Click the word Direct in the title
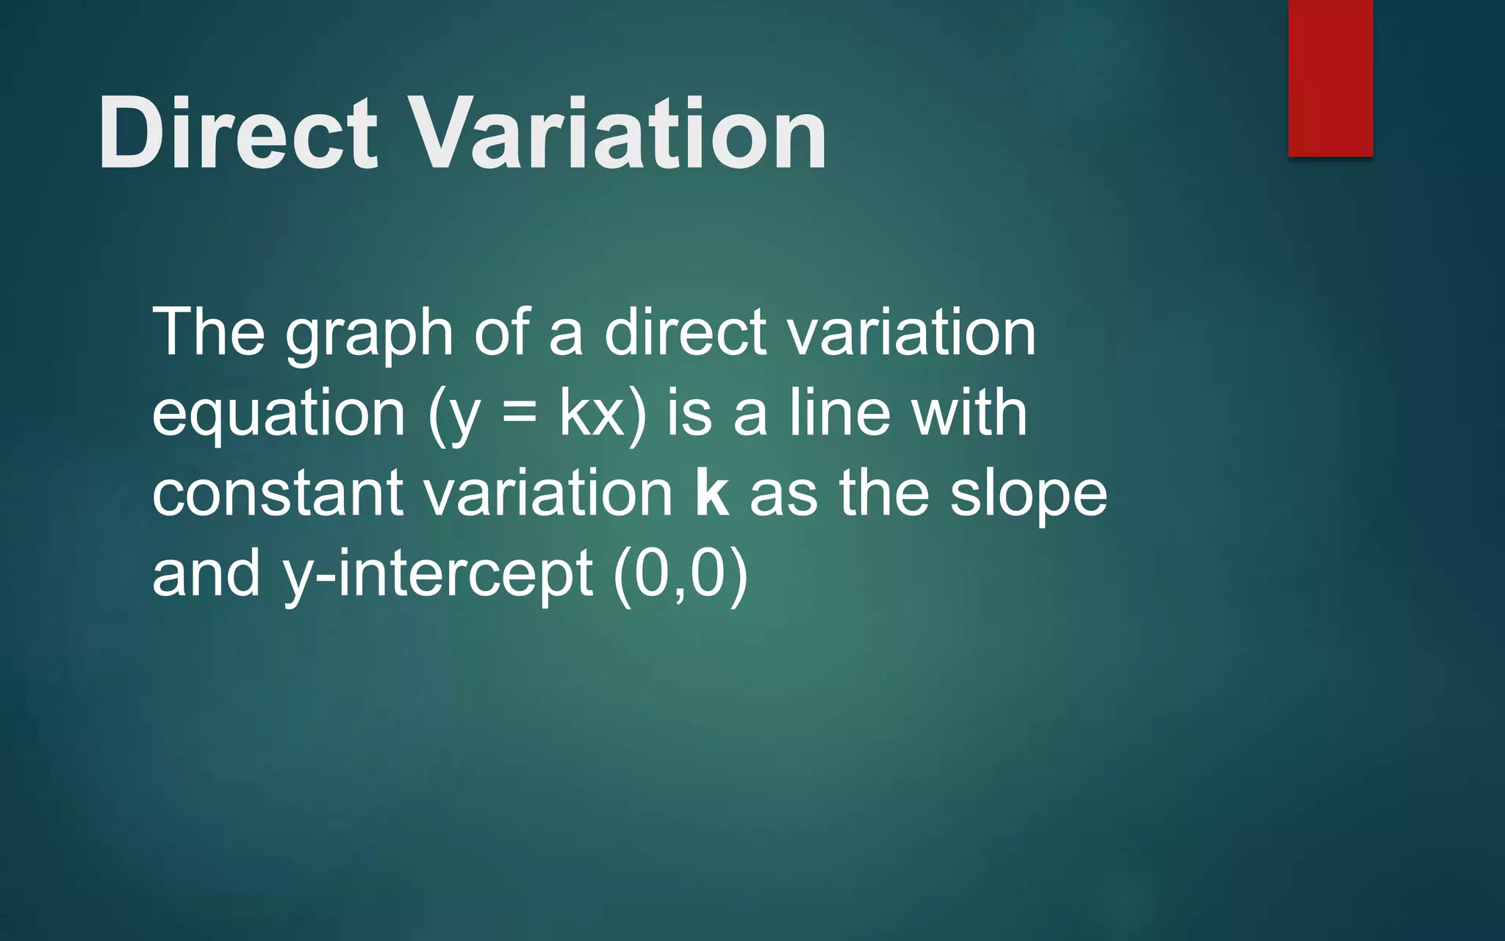coord(237,134)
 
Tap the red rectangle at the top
coord(1330,77)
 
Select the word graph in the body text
coord(369,334)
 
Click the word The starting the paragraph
coord(208,332)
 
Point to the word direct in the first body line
coord(685,332)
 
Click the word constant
coord(278,494)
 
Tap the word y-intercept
coord(438,575)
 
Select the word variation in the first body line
coord(911,332)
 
